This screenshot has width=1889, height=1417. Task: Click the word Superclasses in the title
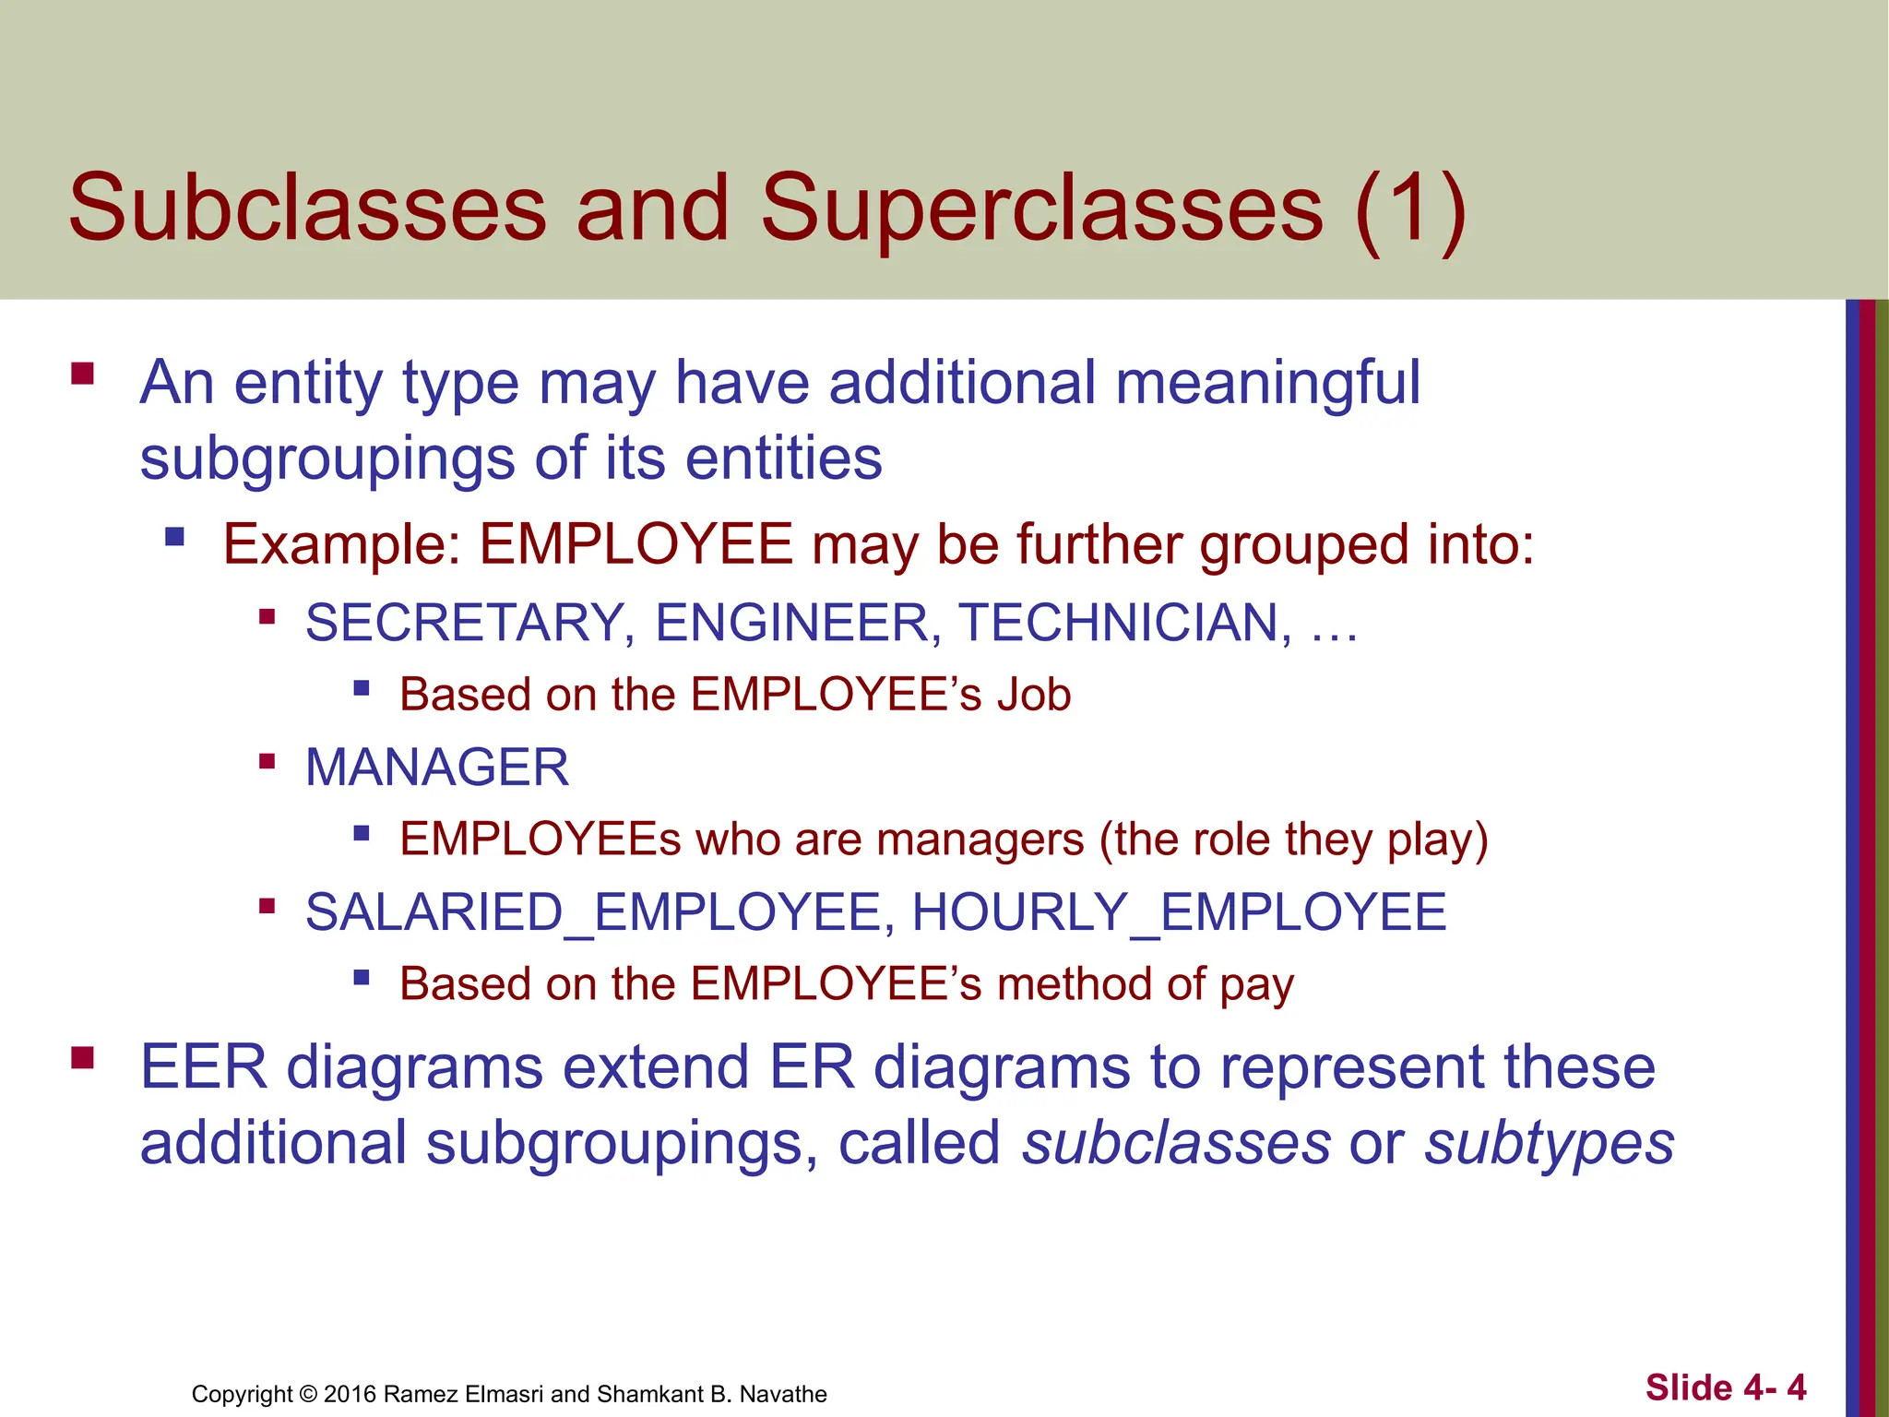click(x=1041, y=208)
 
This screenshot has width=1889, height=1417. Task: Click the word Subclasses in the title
click(x=307, y=208)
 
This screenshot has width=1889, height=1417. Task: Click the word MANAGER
click(x=437, y=768)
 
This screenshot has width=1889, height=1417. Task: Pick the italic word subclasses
click(x=1176, y=1144)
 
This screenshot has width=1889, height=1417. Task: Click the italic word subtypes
click(x=1549, y=1144)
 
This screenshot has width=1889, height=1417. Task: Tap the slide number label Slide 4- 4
click(x=1725, y=1387)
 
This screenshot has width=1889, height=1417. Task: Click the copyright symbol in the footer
click(x=308, y=1394)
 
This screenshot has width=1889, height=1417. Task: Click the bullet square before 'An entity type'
click(x=82, y=374)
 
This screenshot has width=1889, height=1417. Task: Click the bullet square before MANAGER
click(x=267, y=761)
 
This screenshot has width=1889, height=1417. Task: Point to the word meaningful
click(x=1268, y=383)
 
